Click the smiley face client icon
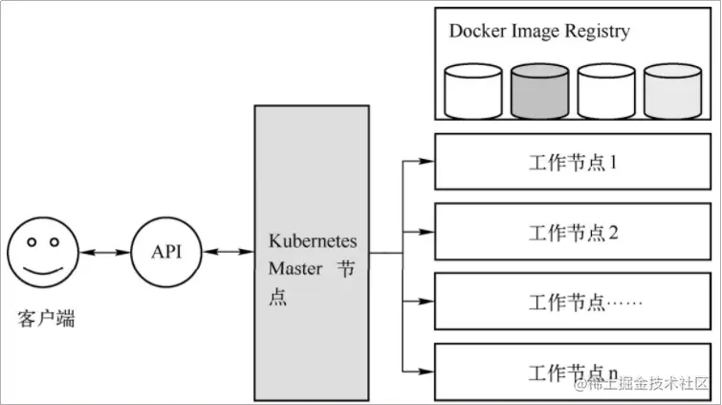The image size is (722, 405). [43, 253]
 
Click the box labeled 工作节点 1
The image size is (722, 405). [574, 162]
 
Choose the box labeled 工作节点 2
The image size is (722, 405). [574, 233]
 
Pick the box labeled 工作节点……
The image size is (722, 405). [574, 303]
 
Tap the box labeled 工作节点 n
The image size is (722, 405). [574, 371]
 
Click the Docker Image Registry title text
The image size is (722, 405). [539, 31]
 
